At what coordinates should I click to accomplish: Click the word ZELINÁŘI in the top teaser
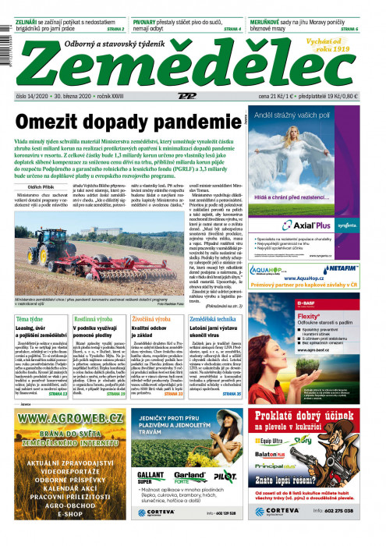click(27, 7)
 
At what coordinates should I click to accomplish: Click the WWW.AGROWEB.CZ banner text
click(69, 419)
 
